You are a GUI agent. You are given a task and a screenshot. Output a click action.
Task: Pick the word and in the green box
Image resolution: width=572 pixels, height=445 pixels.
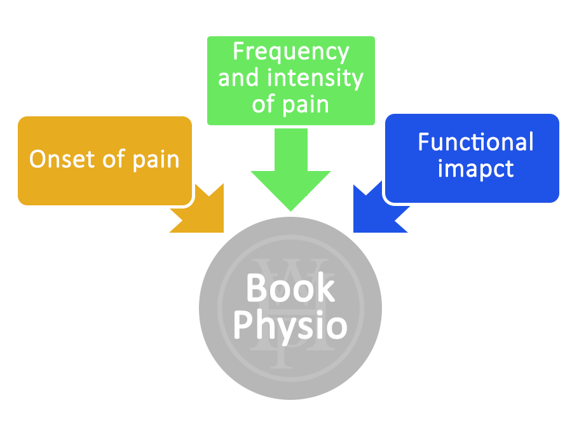pyautogui.click(x=238, y=78)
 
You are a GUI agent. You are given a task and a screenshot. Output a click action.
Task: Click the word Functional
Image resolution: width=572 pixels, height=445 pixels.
pyautogui.click(x=475, y=142)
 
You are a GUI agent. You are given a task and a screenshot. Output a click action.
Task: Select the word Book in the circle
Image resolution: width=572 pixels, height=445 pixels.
pyautogui.click(x=290, y=288)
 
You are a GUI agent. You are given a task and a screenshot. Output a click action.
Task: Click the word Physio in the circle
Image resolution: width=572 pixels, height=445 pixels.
pyautogui.click(x=290, y=325)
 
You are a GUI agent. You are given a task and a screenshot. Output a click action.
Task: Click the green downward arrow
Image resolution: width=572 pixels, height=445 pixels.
pyautogui.click(x=290, y=168)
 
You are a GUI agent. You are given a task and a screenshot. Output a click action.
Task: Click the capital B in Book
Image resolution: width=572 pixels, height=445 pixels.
pyautogui.click(x=255, y=288)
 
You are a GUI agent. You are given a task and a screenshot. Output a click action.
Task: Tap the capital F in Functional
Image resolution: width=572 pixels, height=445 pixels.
pyautogui.click(x=424, y=142)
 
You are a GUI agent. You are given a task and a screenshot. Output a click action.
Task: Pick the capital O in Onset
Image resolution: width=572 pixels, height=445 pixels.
pyautogui.click(x=39, y=159)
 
